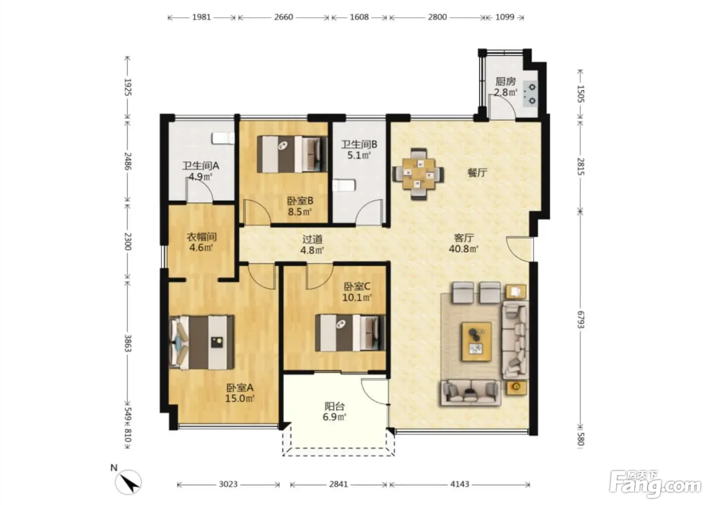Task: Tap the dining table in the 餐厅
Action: [418, 174]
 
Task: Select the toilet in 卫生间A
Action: [223, 138]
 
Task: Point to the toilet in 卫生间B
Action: [344, 186]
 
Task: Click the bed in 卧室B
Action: [292, 154]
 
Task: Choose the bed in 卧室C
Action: [350, 333]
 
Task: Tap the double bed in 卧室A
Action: [202, 342]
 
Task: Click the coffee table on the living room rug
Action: [477, 342]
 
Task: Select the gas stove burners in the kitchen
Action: [532, 94]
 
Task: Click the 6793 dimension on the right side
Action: [580, 319]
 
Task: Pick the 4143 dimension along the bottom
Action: [459, 484]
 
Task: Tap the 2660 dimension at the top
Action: [283, 17]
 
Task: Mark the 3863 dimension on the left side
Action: [127, 343]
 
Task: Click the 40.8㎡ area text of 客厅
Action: [464, 249]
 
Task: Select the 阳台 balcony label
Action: [334, 406]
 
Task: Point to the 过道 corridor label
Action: [312, 239]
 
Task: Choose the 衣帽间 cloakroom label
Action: [201, 236]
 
